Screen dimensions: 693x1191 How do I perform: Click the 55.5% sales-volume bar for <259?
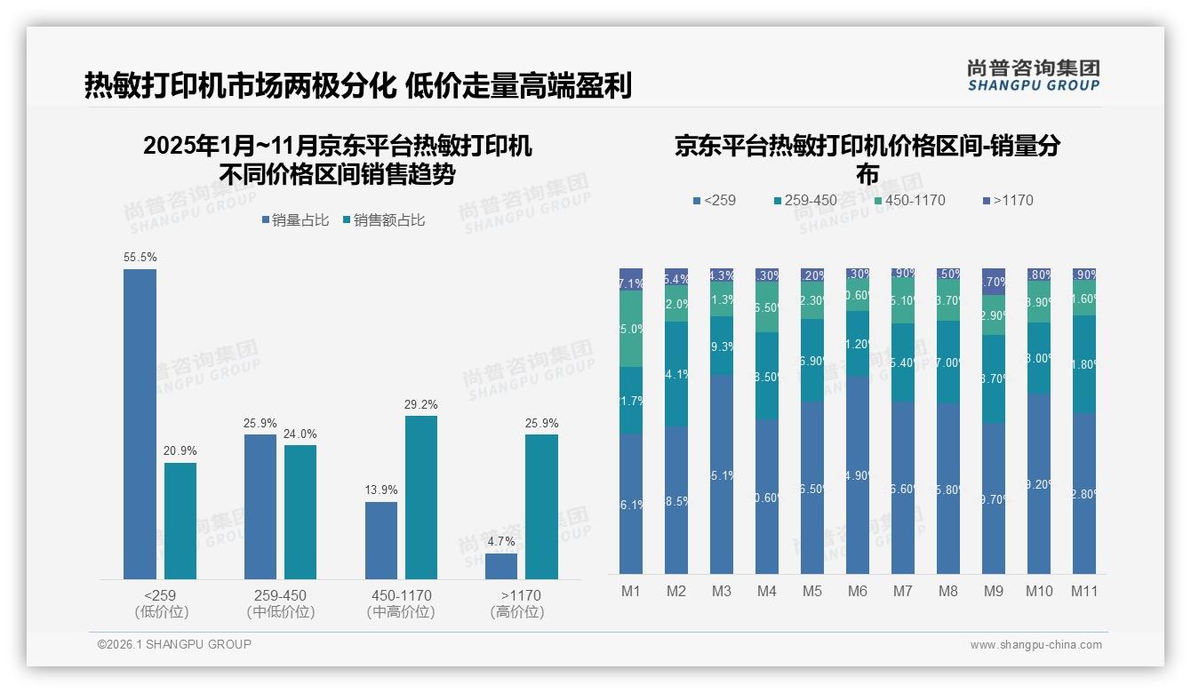140,425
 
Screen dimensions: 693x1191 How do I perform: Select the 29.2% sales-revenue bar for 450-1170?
421,498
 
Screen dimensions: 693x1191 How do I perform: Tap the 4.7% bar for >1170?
501,566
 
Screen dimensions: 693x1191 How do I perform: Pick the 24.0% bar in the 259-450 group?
300,512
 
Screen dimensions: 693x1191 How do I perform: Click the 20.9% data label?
180,451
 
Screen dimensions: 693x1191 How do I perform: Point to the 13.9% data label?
380,490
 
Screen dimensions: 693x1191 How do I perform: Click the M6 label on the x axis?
857,592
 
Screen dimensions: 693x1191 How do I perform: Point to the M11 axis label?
1083,592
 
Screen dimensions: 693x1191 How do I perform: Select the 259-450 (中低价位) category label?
281,603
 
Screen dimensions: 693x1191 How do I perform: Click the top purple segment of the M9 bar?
993,281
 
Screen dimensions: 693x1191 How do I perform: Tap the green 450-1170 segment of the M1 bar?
631,329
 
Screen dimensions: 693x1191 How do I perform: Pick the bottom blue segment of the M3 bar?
722,474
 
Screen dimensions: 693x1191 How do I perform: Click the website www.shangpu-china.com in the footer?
1035,645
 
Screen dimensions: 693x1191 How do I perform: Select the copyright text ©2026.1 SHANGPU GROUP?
174,644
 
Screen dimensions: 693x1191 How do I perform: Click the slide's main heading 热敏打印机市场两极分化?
240,86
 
